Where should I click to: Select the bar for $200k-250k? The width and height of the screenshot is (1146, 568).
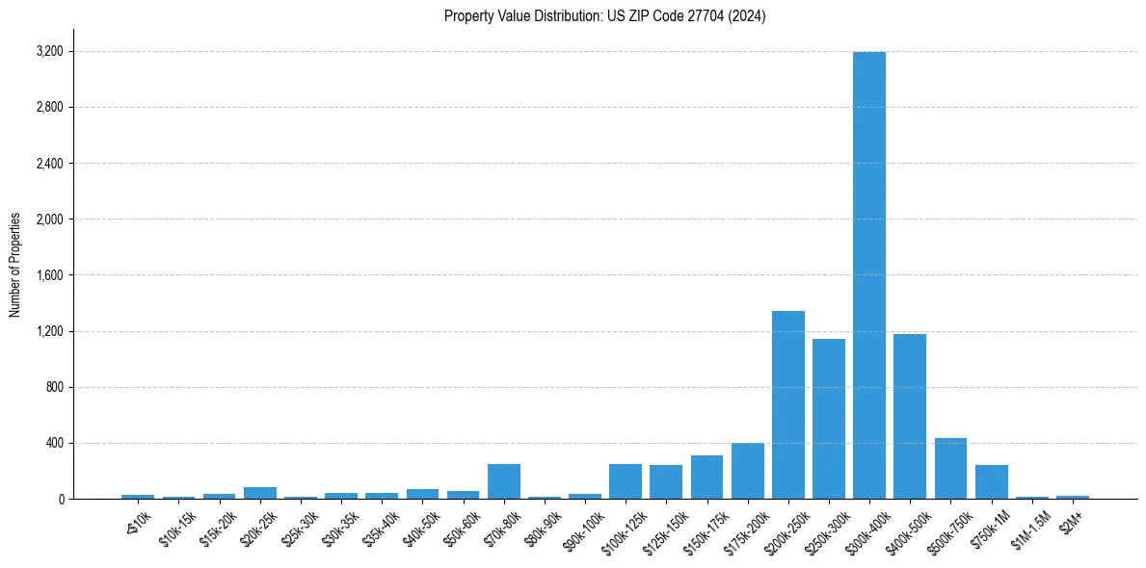787,405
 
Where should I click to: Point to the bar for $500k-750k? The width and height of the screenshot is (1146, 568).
950,469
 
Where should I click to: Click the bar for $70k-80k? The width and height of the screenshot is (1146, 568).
503,481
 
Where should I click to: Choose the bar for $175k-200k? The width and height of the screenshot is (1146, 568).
747,471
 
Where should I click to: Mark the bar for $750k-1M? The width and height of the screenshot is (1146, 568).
991,482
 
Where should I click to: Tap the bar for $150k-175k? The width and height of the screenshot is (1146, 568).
706,478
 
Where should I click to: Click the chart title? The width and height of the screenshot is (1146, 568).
604,16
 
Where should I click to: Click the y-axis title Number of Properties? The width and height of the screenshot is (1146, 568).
15,264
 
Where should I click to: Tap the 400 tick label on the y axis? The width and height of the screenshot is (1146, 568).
54,444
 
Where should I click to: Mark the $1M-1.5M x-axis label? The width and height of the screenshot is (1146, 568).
1029,529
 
